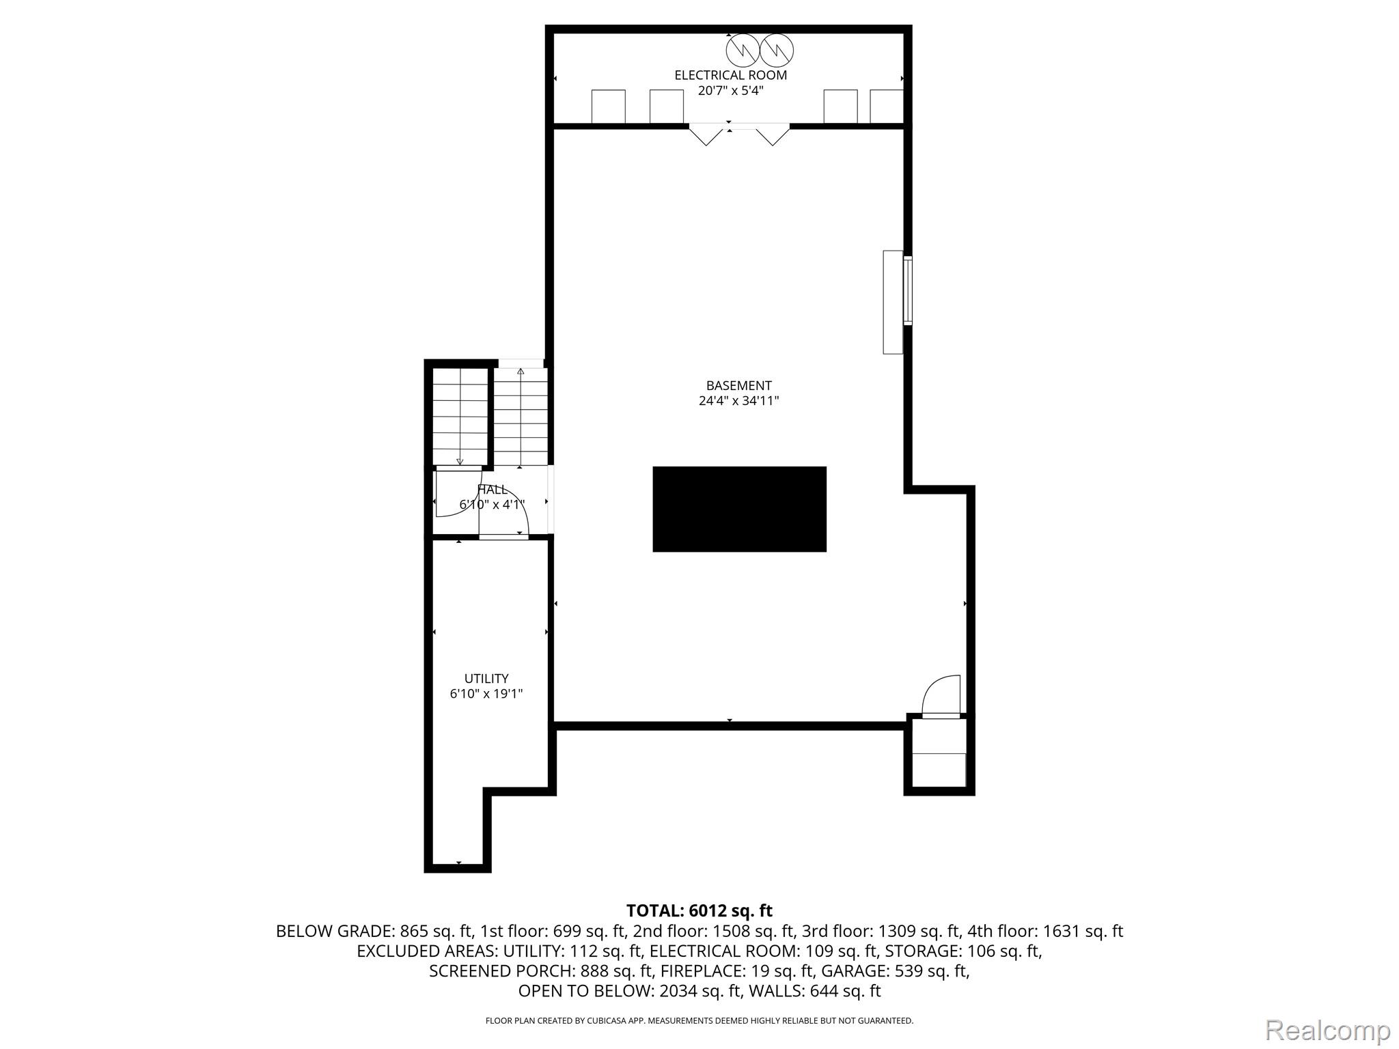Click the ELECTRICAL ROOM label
point(730,75)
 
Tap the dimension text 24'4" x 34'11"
point(738,401)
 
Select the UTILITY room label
point(486,678)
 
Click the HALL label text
point(493,490)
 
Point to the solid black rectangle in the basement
point(739,509)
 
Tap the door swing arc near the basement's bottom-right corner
point(941,694)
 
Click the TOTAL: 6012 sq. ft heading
point(699,910)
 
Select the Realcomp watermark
point(1327,1030)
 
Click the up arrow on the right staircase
point(521,372)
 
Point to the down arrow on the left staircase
point(460,462)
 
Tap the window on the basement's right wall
point(908,290)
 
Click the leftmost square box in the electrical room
point(608,107)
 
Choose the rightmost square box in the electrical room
point(887,107)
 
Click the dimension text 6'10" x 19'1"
point(486,694)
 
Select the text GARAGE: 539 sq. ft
point(895,970)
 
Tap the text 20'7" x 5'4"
point(730,90)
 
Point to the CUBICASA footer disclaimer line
point(699,1021)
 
